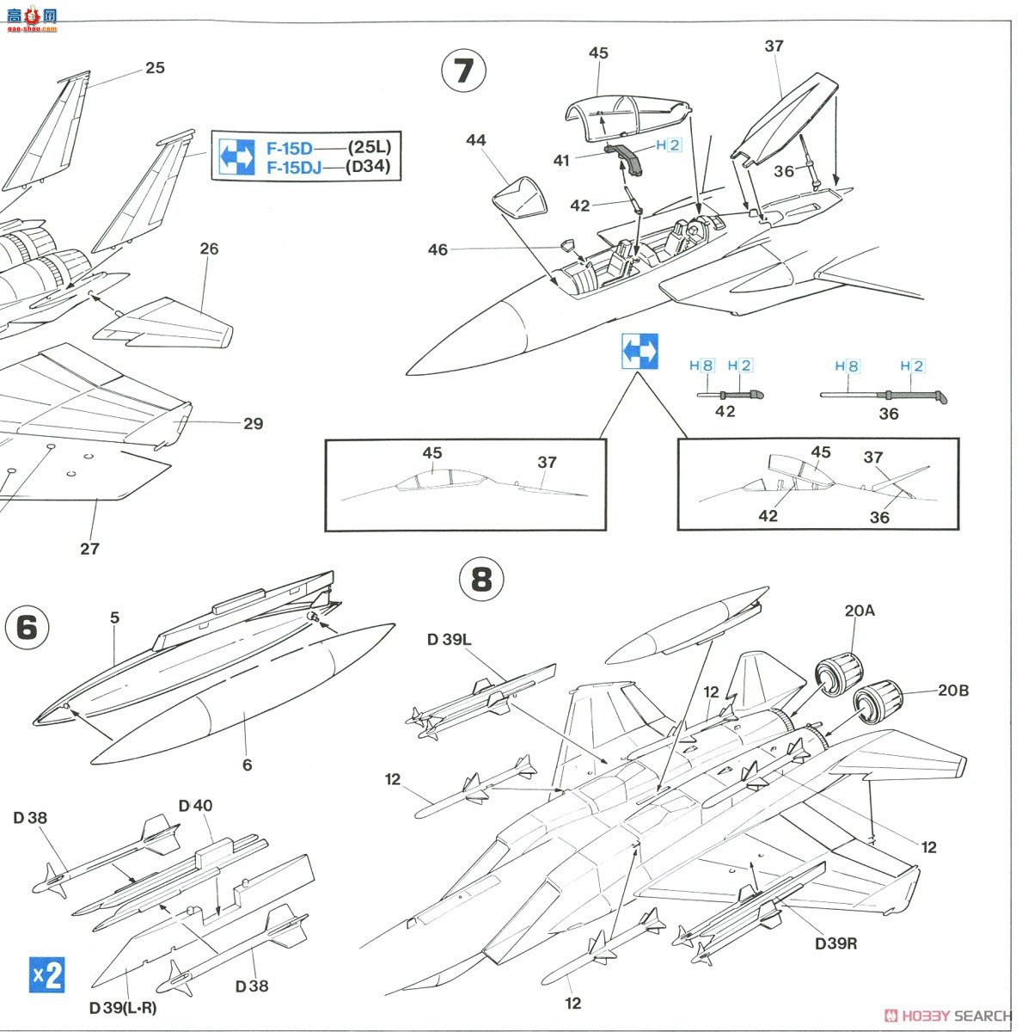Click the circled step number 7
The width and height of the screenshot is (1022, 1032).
coord(463,71)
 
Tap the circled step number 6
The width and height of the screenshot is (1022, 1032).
coord(27,627)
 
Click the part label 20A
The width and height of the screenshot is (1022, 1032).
coord(859,611)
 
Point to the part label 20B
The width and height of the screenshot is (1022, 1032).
coord(952,691)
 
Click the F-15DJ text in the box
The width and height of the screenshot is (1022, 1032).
coord(293,167)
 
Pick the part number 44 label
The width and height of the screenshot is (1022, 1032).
coord(476,140)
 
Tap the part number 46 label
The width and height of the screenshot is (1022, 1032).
coord(438,249)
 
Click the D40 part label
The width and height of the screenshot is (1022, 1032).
coord(195,806)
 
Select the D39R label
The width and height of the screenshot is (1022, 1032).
coord(836,943)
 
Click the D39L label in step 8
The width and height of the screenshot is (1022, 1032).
coord(449,639)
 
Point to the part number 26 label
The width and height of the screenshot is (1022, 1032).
coord(209,249)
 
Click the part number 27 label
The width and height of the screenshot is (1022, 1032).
coord(89,548)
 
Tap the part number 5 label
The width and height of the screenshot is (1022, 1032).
coord(114,617)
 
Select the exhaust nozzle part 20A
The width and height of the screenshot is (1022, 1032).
coord(838,673)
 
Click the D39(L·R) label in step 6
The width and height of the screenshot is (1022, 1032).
coord(123,1007)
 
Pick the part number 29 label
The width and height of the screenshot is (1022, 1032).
coord(253,423)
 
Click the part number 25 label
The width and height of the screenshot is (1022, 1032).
coord(155,67)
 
